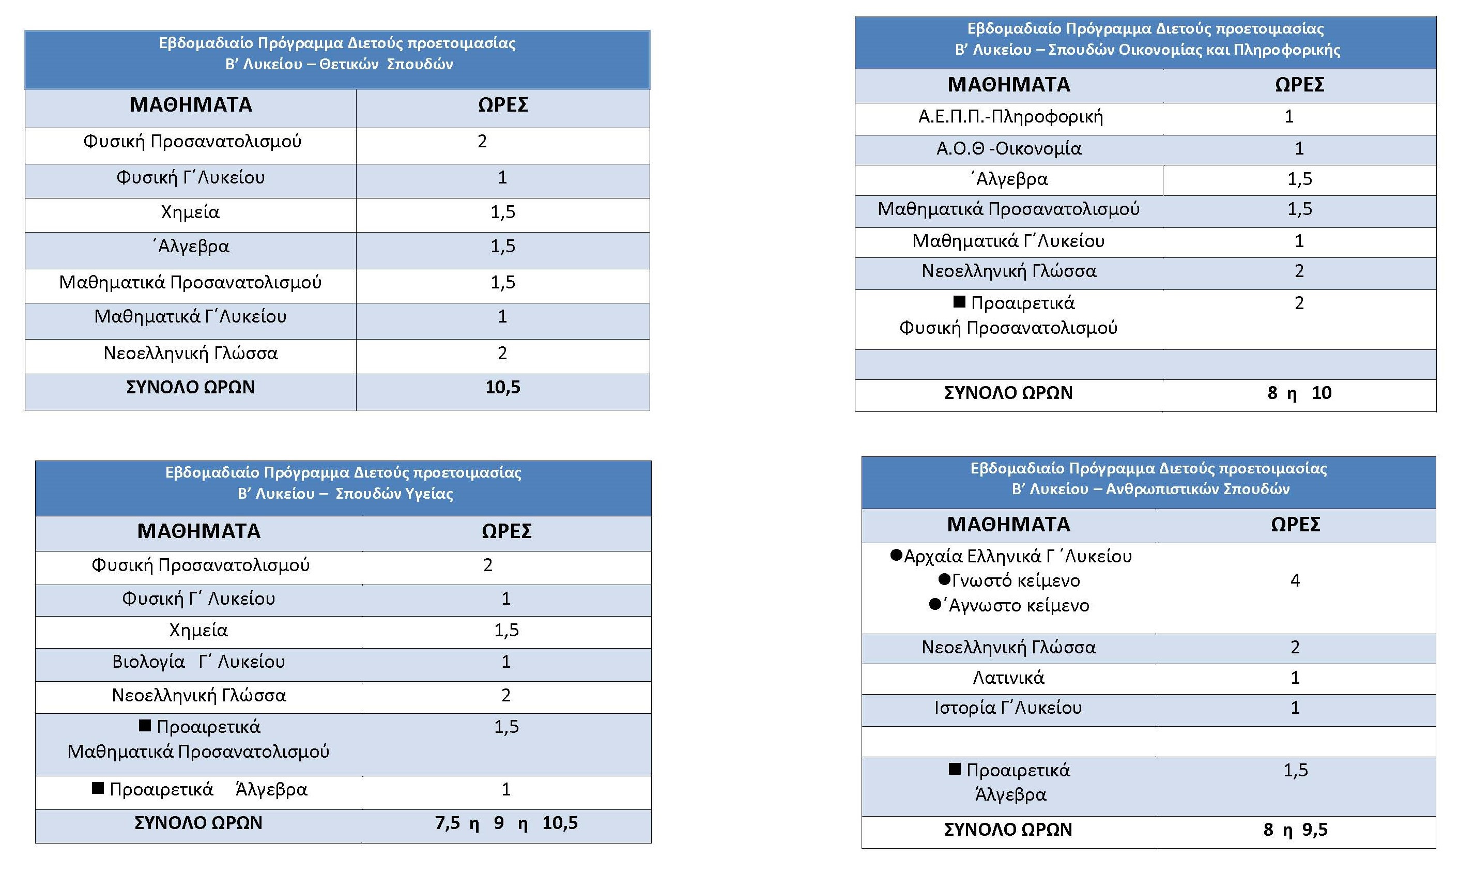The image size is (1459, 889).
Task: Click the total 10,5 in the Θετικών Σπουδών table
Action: (503, 387)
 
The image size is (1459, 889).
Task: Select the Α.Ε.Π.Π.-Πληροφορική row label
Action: (1010, 117)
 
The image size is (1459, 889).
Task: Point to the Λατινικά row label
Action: (1008, 678)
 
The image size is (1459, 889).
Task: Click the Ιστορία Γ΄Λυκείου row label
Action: (1008, 708)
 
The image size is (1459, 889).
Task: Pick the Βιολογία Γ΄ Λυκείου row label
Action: (198, 662)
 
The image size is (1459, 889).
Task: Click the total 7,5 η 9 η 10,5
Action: (506, 823)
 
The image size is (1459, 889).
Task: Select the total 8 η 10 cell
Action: (1299, 393)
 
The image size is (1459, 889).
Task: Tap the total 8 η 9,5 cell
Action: (1295, 830)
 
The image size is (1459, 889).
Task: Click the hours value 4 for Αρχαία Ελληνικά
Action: (1295, 580)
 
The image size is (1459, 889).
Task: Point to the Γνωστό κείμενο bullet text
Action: (1016, 581)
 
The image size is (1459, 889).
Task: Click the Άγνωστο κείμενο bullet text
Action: (1019, 606)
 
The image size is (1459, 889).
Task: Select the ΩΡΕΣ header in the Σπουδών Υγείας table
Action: (506, 531)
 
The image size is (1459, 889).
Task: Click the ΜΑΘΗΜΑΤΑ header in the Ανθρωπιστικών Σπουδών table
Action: (1008, 525)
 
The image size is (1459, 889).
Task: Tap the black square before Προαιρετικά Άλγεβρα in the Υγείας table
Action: (98, 788)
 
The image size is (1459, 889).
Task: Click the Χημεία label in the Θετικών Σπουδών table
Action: (190, 212)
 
